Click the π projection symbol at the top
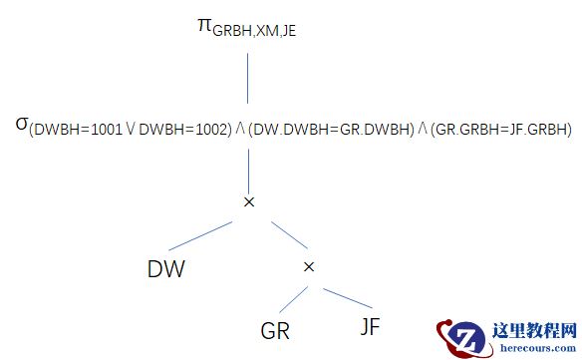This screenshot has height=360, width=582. click(x=204, y=24)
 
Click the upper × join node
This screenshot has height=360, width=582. click(x=249, y=202)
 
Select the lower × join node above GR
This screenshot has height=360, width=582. click(x=308, y=267)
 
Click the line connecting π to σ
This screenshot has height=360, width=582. click(x=249, y=81)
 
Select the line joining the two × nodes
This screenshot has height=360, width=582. click(x=279, y=235)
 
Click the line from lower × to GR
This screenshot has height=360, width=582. click(x=292, y=297)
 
